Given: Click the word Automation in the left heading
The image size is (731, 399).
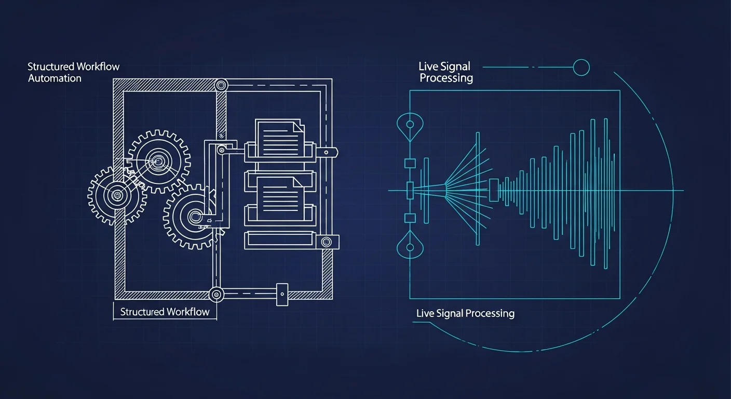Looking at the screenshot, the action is pyautogui.click(x=55, y=78).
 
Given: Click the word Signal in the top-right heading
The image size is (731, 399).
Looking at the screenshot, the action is pyautogui.click(x=455, y=66).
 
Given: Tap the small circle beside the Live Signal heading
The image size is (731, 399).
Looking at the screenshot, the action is pyautogui.click(x=581, y=68).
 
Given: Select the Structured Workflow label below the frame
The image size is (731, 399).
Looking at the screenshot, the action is pyautogui.click(x=165, y=312).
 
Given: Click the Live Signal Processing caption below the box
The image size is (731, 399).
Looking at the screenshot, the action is pyautogui.click(x=465, y=313).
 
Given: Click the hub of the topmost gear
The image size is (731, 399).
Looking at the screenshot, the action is pyautogui.click(x=158, y=161).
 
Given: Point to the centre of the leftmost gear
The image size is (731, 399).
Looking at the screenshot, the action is pyautogui.click(x=117, y=195).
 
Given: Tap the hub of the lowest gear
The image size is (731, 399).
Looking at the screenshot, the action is pyautogui.click(x=196, y=217).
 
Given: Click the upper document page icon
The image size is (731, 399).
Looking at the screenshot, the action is pyautogui.click(x=280, y=138).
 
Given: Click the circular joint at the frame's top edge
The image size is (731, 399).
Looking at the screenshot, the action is pyautogui.click(x=221, y=86).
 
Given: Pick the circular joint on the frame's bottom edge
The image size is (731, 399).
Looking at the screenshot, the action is pyautogui.click(x=216, y=295).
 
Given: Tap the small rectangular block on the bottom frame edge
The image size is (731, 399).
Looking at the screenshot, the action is pyautogui.click(x=282, y=295).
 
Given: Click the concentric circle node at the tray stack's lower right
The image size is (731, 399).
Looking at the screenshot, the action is pyautogui.click(x=327, y=242).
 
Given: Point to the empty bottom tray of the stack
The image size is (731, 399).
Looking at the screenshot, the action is pyautogui.click(x=280, y=240).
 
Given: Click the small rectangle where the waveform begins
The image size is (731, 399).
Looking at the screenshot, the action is pyautogui.click(x=494, y=190).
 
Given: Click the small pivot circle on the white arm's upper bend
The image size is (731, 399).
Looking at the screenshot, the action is pyautogui.click(x=222, y=150).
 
